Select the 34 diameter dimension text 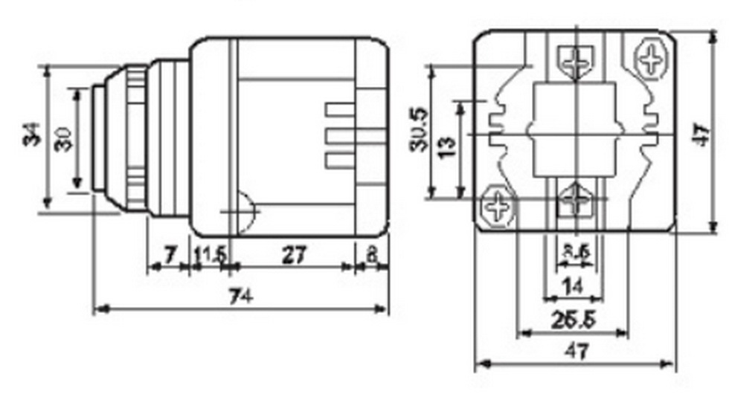coord(32,135)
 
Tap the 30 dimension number coord(64,138)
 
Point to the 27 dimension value coord(294,255)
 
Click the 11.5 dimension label coord(210,255)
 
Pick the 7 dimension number coord(170,255)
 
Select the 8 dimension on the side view coord(371,255)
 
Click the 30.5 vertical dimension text coord(419,130)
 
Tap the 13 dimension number coord(446,146)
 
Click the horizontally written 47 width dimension coord(572,351)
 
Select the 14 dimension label coord(574,284)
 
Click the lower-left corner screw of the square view coord(497,205)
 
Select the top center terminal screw coord(575,61)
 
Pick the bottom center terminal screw coord(575,199)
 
